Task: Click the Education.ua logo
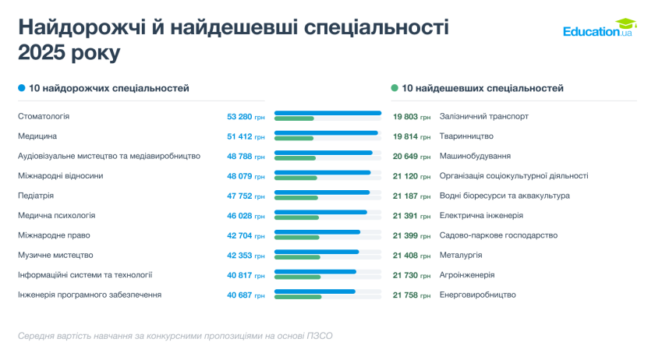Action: pos(600,30)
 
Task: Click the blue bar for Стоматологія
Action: pos(327,113)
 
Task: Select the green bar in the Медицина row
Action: pos(294,139)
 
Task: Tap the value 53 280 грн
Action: pos(246,116)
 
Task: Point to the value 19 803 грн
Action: pos(412,116)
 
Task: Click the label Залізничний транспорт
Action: pos(484,116)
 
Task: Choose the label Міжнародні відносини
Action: pos(60,176)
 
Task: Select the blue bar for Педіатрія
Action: pos(322,192)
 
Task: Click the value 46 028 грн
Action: pos(246,216)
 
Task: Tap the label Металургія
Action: pos(461,255)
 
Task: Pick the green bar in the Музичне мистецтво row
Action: pos(297,257)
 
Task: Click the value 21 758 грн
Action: pos(412,295)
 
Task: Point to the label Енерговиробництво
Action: pos(478,295)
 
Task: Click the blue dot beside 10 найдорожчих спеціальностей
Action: pos(22,89)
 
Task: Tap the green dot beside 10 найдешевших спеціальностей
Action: pos(395,89)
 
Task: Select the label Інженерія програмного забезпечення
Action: pos(90,295)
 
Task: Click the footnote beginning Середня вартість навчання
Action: pos(175,336)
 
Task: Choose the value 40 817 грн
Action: pos(246,275)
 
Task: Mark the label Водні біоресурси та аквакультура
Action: pos(505,196)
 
